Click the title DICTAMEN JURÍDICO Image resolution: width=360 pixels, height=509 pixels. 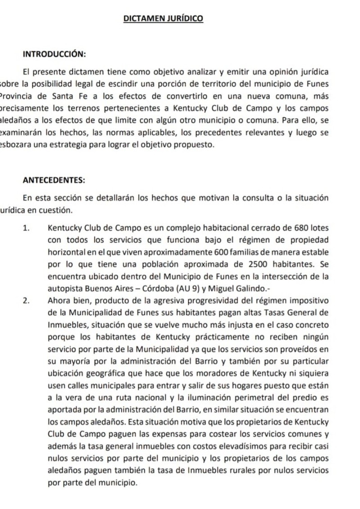click(163, 18)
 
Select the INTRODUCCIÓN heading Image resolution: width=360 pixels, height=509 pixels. click(54, 54)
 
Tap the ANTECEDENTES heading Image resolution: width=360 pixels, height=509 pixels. click(53, 180)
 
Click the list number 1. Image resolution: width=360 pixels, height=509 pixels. click(26, 228)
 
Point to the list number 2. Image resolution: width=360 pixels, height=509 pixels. click(26, 300)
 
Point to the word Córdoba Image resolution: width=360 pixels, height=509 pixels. click(129, 288)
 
